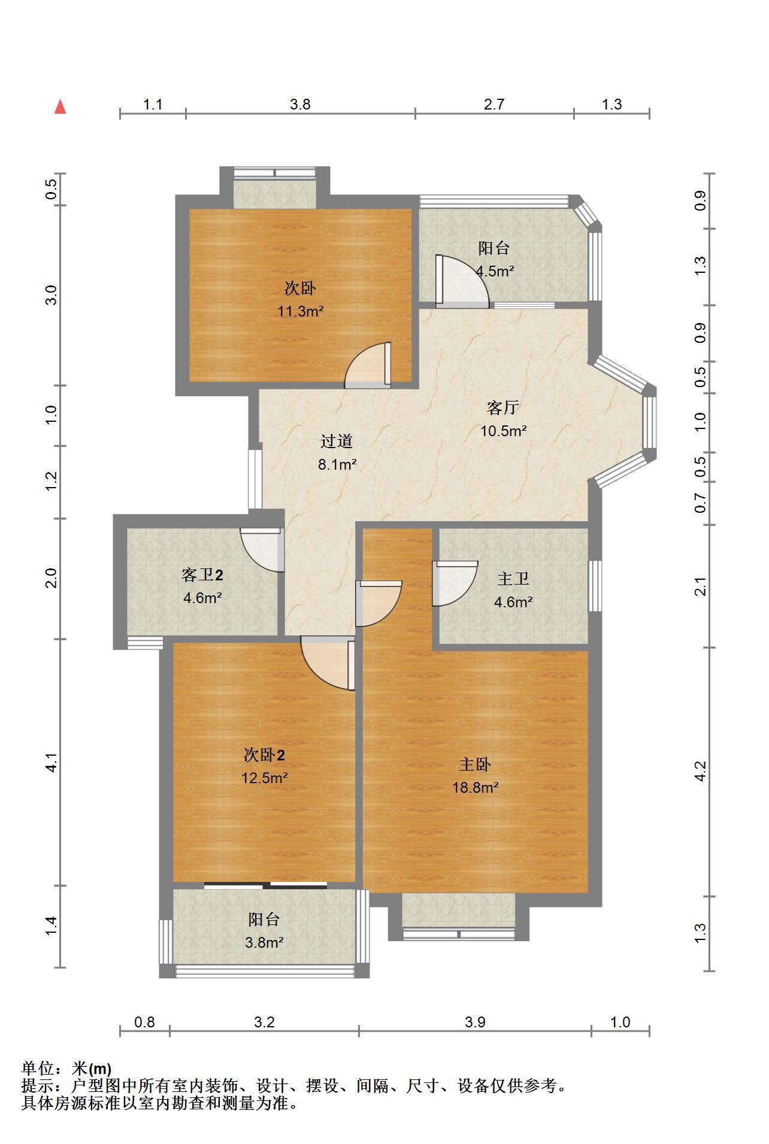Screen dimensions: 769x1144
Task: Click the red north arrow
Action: pos(60,107)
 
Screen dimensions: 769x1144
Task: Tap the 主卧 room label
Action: pos(475,765)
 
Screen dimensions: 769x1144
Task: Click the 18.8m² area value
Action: pos(476,787)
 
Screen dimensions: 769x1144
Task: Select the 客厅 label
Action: pos(503,408)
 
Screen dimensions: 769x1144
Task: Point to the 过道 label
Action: pos(337,442)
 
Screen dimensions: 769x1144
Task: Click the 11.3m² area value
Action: pos(300,311)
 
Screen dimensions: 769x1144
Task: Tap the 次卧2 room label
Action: pos(264,755)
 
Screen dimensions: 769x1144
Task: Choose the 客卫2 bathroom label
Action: pos(202,576)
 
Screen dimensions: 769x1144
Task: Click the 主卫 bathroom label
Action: pos(513,579)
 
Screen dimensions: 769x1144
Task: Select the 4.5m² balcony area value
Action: pos(495,271)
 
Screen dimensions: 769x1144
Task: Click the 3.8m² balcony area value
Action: pos(264,943)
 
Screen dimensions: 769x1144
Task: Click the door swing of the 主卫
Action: pos(455,583)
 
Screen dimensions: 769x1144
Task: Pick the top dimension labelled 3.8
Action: pos(300,104)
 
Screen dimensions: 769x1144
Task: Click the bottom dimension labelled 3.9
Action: pos(475,1022)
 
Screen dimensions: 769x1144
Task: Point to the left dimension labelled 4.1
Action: pos(52,762)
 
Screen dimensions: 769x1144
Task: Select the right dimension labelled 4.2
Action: pos(701,771)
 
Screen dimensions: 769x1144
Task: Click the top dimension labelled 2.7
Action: pos(494,104)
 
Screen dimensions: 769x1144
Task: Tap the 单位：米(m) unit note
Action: pos(66,1069)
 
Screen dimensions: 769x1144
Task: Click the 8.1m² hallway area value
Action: pos(337,464)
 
